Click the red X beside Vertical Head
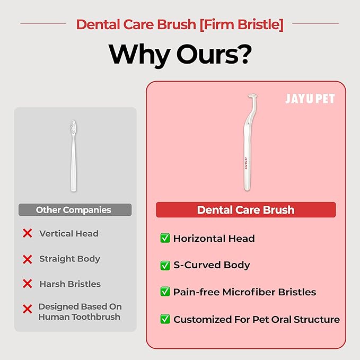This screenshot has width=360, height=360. pos(28,233)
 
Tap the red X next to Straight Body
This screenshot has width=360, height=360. pos(28,259)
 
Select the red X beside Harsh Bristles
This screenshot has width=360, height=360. pos(28,284)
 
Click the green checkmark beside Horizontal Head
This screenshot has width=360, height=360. pos(165,239)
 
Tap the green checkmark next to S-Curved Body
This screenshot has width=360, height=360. pos(165,265)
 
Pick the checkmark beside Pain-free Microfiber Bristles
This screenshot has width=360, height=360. pos(165,292)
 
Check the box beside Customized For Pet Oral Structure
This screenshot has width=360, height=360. pos(165,319)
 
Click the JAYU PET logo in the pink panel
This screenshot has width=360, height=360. pos(310,99)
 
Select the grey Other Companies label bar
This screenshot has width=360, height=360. pos(74,210)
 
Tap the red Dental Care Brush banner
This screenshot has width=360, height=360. pos(245,210)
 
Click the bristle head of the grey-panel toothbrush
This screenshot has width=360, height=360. pos(73,127)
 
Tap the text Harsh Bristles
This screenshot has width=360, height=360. pos(70,284)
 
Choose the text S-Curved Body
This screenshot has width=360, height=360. pos(212,265)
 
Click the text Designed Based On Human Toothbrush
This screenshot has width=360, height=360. pos(80,312)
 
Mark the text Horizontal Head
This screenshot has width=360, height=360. pos(214,239)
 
